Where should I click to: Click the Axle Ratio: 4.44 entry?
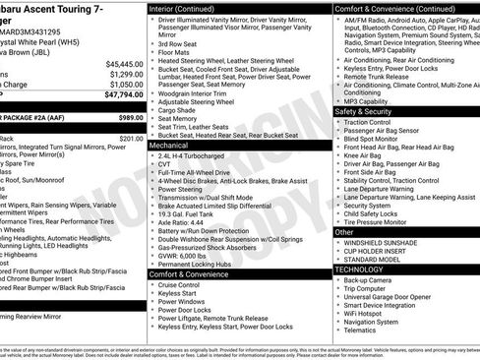pyautogui.click(x=177, y=222)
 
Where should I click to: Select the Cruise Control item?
pyautogui.click(x=179, y=284)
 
